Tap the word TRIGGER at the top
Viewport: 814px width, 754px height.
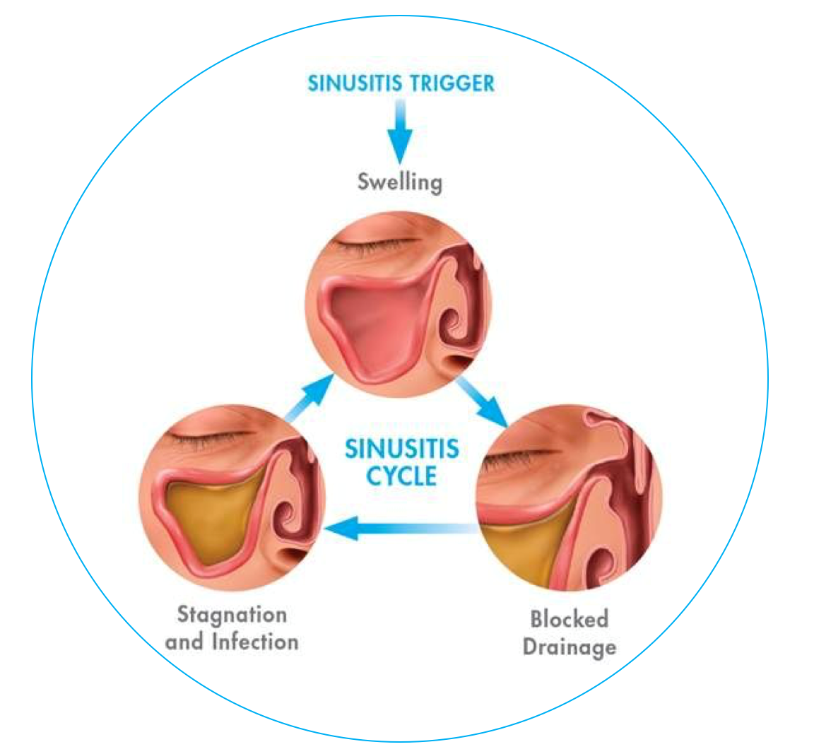[x=452, y=83]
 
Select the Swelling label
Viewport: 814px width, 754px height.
[x=400, y=182]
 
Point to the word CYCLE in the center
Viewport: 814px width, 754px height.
[x=401, y=476]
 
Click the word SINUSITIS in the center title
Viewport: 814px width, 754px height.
[x=401, y=449]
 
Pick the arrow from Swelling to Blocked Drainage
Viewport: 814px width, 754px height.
[x=481, y=401]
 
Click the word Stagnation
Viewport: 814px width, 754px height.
[x=232, y=614]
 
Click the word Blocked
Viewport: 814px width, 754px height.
[x=569, y=619]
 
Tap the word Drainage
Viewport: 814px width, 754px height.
[x=569, y=647]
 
